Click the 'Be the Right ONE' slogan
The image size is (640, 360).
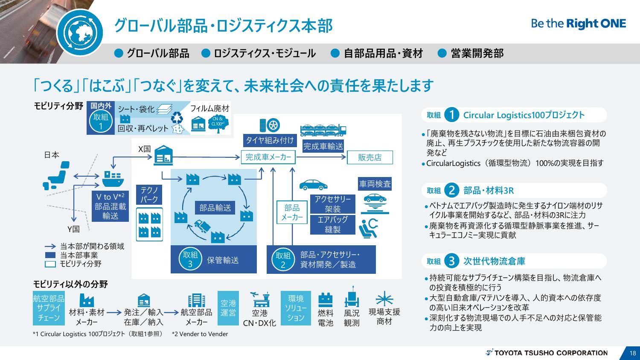point(578,24)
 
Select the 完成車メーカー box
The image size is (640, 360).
point(268,157)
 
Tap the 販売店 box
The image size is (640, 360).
point(369,157)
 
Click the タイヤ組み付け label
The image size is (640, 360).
point(270,140)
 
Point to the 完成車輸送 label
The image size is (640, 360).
point(323,146)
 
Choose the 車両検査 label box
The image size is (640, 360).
point(375,184)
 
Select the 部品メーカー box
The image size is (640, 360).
point(292,212)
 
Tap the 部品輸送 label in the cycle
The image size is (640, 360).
point(215,208)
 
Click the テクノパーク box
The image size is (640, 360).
point(149,195)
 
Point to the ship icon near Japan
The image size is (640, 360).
point(112,179)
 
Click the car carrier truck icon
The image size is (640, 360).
point(323,129)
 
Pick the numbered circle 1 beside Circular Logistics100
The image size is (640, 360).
point(451,115)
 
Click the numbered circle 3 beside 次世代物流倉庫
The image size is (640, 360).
point(451,261)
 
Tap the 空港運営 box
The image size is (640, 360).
point(228,308)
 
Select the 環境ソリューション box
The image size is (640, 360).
point(296,308)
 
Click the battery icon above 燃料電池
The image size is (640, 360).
point(326,299)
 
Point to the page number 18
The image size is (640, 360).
point(632,353)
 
